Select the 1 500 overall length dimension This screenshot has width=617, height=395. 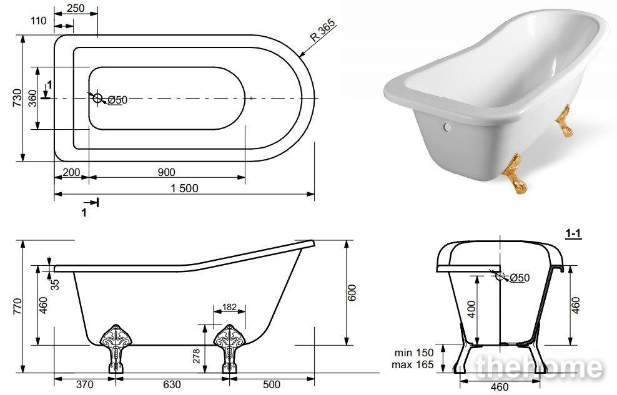click(x=185, y=188)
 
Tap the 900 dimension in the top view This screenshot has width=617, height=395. click(x=167, y=172)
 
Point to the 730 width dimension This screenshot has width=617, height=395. click(x=17, y=98)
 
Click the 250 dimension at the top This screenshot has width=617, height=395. click(x=76, y=8)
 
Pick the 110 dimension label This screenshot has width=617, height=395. click(x=39, y=21)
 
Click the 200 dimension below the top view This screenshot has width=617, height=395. click(x=71, y=172)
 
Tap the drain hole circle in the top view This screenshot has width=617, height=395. click(x=97, y=98)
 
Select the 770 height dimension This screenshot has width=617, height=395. click(x=17, y=306)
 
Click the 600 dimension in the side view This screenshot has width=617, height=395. click(x=352, y=293)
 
